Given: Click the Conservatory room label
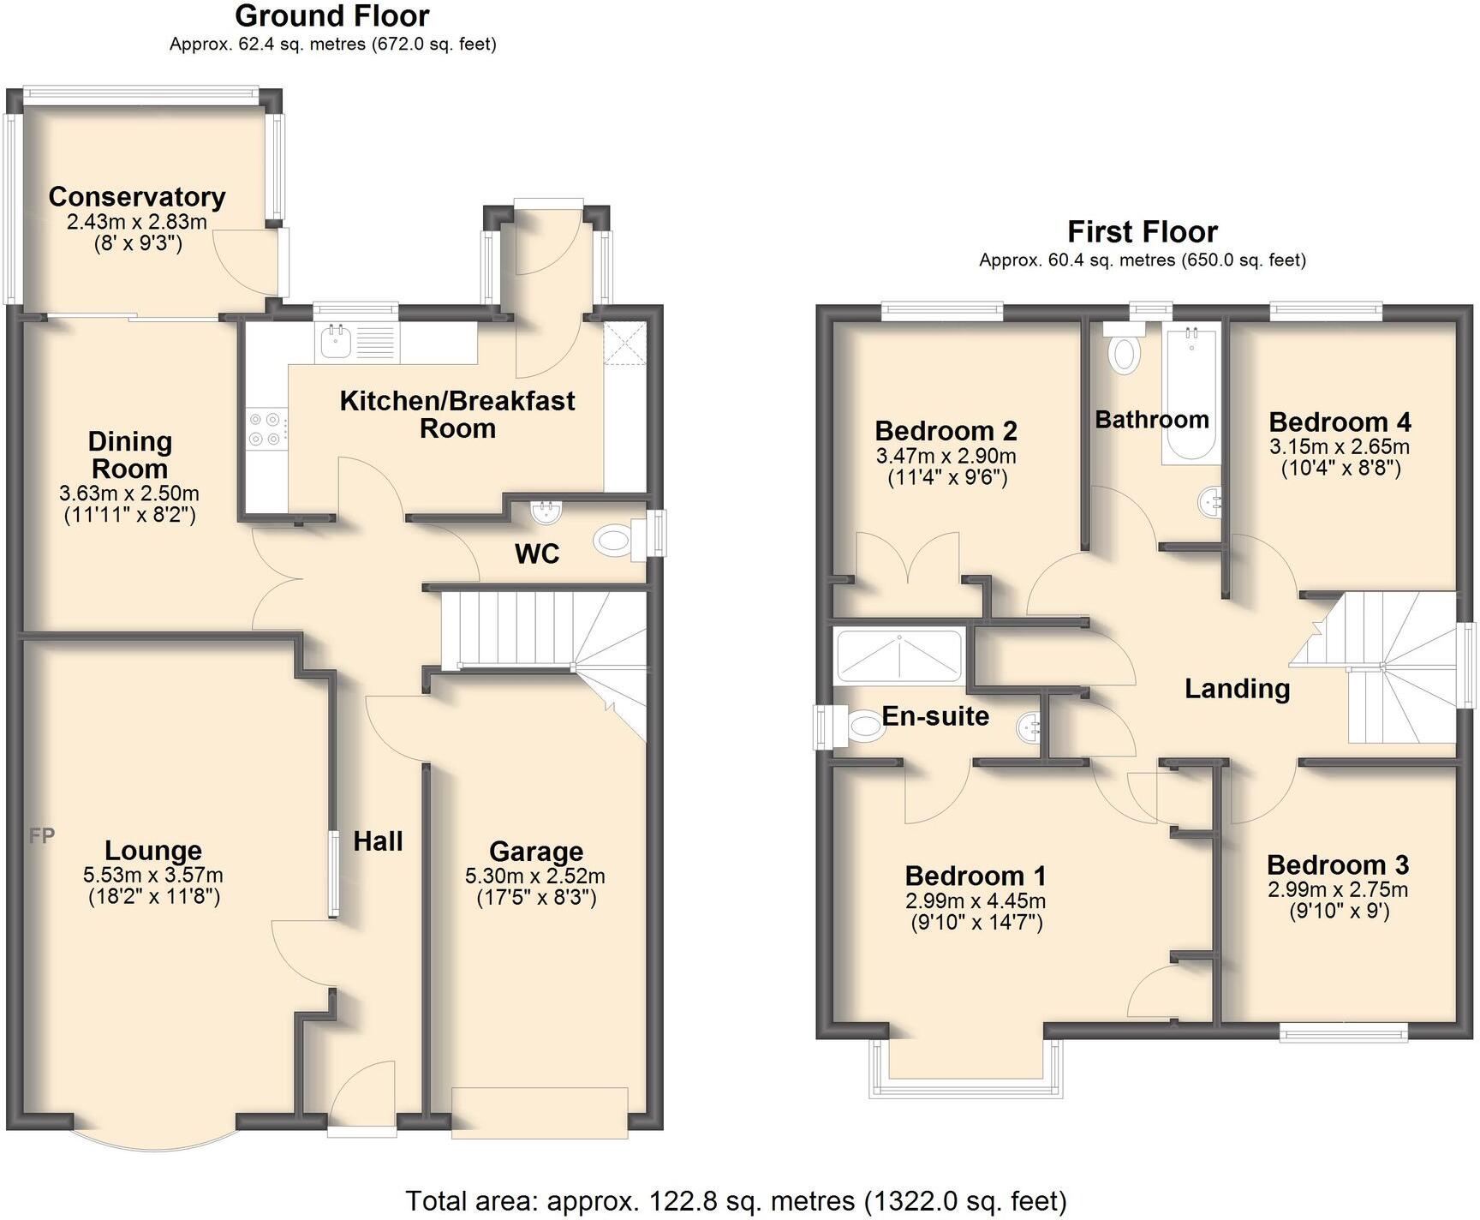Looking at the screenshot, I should (137, 197).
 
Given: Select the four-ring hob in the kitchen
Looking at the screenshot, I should (264, 429).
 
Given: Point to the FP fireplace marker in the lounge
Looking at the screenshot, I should (41, 835).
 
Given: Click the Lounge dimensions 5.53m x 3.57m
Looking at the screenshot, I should (153, 876).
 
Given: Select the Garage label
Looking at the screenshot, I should (536, 852).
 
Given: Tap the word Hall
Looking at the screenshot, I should (378, 841).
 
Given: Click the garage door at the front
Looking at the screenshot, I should (540, 1112).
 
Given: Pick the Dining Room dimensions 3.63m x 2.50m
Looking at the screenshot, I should (129, 493).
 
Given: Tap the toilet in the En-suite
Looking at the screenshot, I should (861, 728).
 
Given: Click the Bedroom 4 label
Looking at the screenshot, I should (1340, 422).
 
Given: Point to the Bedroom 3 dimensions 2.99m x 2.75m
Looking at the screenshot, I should (1338, 890).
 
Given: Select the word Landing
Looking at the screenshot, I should (1237, 689).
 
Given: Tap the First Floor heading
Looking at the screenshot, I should (1142, 232).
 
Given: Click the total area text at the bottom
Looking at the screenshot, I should (737, 1201).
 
